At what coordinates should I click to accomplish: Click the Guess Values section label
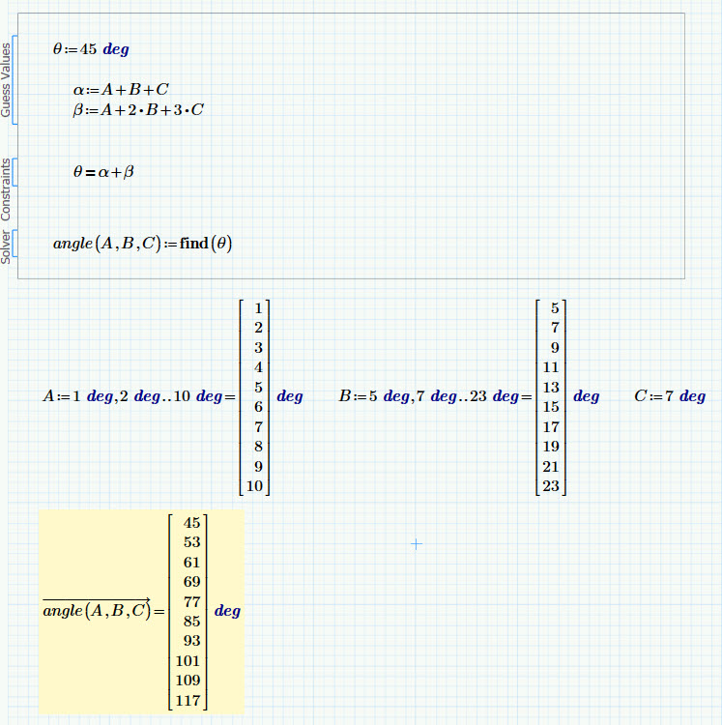(6, 79)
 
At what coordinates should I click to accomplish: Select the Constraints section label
(6, 189)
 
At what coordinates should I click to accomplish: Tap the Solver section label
(6, 246)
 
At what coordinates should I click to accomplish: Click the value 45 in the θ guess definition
(88, 49)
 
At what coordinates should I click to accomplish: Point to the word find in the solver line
(194, 243)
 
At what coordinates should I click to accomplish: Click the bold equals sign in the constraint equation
(90, 173)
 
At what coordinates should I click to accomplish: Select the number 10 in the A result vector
(254, 486)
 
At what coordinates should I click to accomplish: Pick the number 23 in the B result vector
(551, 486)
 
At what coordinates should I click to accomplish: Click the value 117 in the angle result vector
(188, 701)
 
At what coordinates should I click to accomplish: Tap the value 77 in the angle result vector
(191, 601)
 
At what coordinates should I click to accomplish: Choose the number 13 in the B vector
(551, 387)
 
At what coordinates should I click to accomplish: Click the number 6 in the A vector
(258, 407)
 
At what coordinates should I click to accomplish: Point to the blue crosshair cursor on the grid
(417, 544)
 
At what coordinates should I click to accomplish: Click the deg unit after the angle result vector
(227, 611)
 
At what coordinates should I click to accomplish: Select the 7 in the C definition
(669, 395)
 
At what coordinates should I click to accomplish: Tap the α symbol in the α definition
(78, 90)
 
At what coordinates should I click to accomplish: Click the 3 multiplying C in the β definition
(178, 110)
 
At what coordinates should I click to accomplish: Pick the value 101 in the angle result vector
(188, 661)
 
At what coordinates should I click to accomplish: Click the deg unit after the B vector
(586, 396)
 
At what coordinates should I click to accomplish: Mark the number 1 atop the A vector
(258, 308)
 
